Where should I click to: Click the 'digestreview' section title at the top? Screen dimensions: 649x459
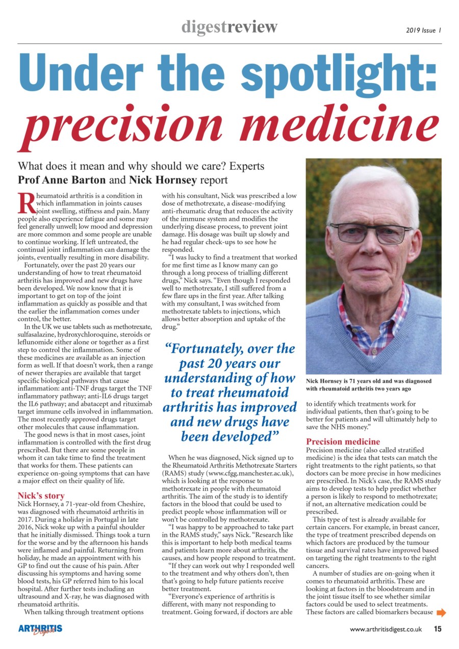229,27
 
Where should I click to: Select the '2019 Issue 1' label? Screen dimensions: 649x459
423,30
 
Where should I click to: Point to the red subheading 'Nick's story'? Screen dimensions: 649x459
41,495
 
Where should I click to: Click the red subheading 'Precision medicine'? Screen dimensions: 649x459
343,442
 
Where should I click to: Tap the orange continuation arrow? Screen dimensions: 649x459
441,612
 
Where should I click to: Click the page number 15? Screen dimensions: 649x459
438,629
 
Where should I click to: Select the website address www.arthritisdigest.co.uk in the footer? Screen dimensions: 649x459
386,630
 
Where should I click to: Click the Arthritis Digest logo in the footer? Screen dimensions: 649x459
40,630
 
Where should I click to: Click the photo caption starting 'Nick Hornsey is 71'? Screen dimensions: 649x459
369,385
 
